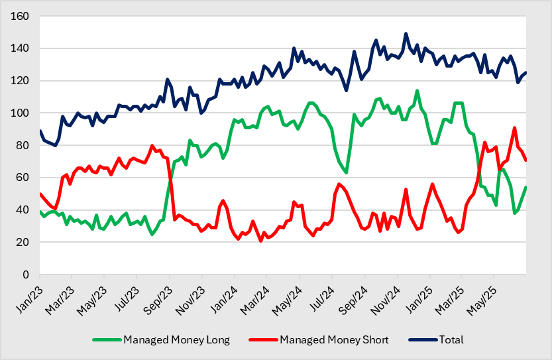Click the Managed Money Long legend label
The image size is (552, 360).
(x=176, y=340)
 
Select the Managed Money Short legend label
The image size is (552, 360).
(x=334, y=340)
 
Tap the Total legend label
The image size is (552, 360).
(x=451, y=340)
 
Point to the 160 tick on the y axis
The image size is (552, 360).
(x=20, y=16)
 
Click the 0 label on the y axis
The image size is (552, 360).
(x=26, y=274)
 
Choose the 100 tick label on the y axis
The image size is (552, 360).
(x=20, y=113)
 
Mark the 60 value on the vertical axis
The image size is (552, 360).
(x=23, y=178)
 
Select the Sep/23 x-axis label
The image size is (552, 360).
(x=158, y=300)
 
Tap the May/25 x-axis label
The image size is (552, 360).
(x=481, y=300)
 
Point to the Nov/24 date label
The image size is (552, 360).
(x=385, y=300)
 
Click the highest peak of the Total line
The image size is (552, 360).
(x=406, y=34)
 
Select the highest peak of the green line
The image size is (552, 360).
(x=417, y=91)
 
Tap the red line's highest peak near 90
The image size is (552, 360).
(x=515, y=128)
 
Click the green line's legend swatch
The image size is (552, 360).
(x=107, y=340)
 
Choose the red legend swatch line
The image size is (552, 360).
(x=263, y=340)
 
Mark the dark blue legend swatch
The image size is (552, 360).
(x=423, y=340)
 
